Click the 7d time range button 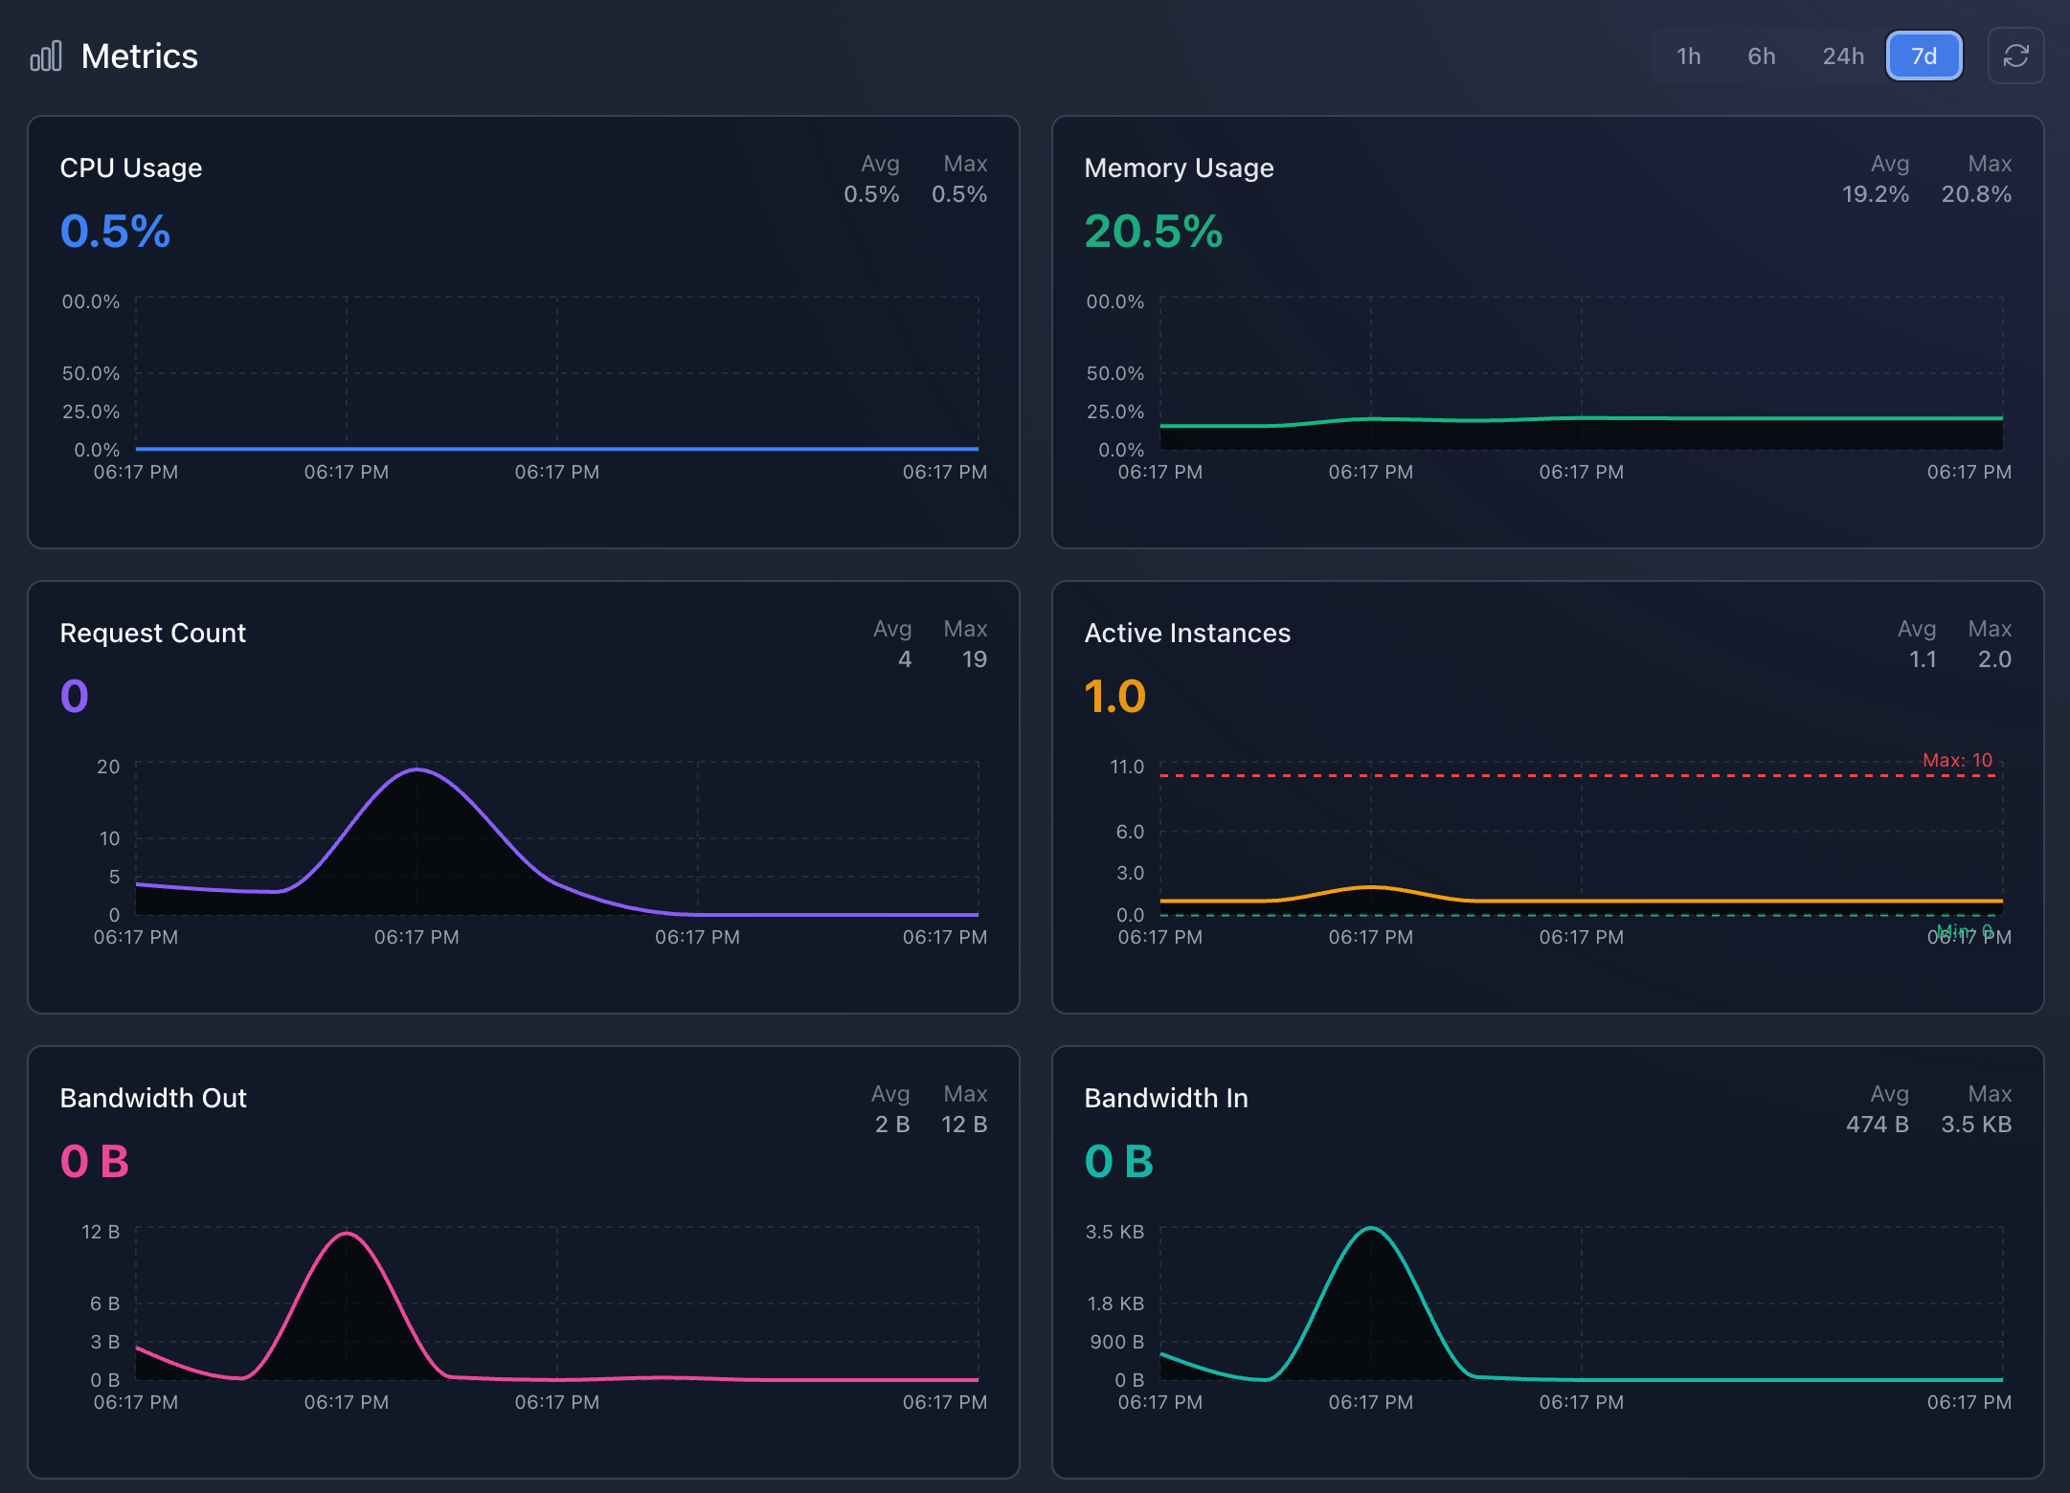[1924, 56]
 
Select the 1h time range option [1688, 56]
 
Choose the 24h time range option [1843, 56]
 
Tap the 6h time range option [1761, 56]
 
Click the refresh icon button [2015, 56]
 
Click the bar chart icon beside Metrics [46, 56]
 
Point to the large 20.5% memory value [1153, 232]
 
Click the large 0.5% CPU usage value [115, 232]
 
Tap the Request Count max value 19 [974, 659]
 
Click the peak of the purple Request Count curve [416, 769]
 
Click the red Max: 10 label [1957, 760]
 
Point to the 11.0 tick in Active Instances [1126, 767]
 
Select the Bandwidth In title [1165, 1098]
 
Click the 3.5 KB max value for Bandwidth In [1975, 1125]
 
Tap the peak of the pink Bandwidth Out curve [347, 1234]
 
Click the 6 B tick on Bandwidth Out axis [104, 1304]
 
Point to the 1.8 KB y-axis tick [1114, 1304]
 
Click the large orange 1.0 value [1114, 697]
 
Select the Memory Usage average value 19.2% [1875, 194]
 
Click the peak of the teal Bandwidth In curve [1371, 1228]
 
